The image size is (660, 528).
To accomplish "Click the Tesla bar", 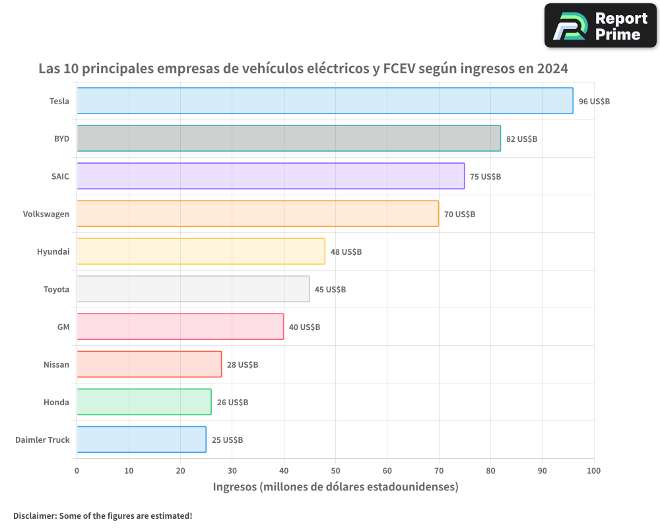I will click(325, 101).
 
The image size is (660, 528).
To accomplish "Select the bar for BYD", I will click(288, 139).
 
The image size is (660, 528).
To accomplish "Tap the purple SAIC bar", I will click(271, 176).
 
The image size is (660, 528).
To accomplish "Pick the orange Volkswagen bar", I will click(257, 214).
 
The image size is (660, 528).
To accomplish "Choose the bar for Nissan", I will click(149, 364).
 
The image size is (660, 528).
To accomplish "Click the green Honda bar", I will click(144, 402).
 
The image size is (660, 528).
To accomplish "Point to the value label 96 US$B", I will click(594, 102).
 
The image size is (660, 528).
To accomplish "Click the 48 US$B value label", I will click(346, 252).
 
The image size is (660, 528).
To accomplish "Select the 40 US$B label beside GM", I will click(304, 327).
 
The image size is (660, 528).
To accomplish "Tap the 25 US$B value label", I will click(227, 440).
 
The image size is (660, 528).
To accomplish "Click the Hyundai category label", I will click(53, 252).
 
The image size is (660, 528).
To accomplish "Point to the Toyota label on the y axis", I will click(56, 290).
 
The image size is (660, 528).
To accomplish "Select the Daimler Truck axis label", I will click(42, 440).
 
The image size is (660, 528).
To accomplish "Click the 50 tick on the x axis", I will click(335, 471).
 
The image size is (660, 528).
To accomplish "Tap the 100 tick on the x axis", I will click(593, 471).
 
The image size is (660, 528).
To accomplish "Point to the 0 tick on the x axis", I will click(77, 471).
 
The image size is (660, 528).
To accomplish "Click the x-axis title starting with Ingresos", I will click(335, 487).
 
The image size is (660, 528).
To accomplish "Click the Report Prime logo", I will click(600, 26).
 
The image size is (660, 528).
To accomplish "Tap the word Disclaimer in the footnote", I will click(34, 515).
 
